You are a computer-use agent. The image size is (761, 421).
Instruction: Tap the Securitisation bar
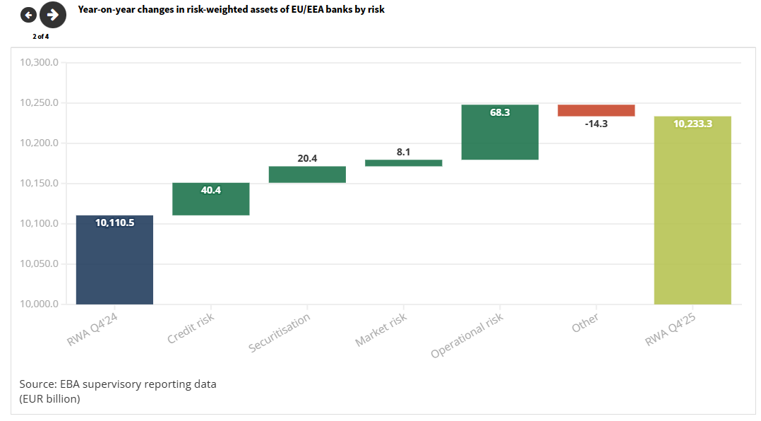tap(307, 174)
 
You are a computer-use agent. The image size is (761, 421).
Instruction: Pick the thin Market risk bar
tap(404, 163)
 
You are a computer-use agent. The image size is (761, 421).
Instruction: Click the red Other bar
tap(596, 110)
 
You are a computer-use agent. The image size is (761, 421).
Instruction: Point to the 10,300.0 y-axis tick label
tap(39, 63)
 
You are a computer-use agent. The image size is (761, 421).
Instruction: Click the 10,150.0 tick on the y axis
tap(39, 184)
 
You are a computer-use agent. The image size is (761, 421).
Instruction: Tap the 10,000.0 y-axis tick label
tap(39, 304)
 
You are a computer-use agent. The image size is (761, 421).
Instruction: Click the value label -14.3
tap(596, 124)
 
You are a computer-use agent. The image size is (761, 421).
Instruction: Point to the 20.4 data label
tap(307, 158)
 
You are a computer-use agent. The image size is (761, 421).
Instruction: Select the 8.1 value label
tap(404, 151)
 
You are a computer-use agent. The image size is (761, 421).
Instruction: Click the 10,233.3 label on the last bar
tap(693, 124)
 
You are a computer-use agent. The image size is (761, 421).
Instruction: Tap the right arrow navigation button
tap(52, 15)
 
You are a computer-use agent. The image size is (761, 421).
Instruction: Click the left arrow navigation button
tap(28, 15)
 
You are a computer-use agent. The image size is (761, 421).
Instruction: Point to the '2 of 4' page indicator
tap(40, 36)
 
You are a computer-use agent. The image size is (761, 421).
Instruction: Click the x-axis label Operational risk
tap(467, 336)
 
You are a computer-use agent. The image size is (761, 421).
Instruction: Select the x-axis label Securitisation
tap(280, 333)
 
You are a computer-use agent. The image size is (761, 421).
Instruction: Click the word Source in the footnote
tap(37, 384)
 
